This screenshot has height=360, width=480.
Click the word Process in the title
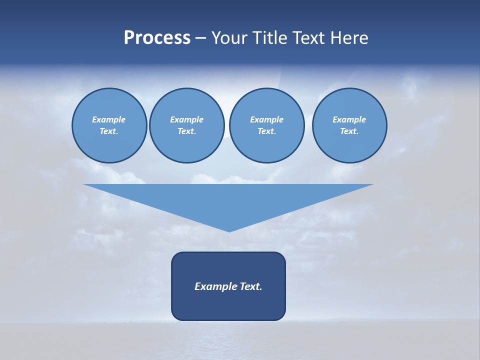click(157, 38)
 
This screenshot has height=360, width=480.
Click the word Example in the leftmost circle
click(109, 119)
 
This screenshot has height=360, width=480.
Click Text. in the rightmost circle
click(349, 131)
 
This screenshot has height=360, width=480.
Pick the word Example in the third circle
click(266, 119)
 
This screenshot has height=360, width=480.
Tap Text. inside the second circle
click(186, 131)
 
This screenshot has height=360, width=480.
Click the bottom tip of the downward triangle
click(229, 230)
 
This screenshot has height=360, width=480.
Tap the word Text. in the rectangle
click(251, 286)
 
